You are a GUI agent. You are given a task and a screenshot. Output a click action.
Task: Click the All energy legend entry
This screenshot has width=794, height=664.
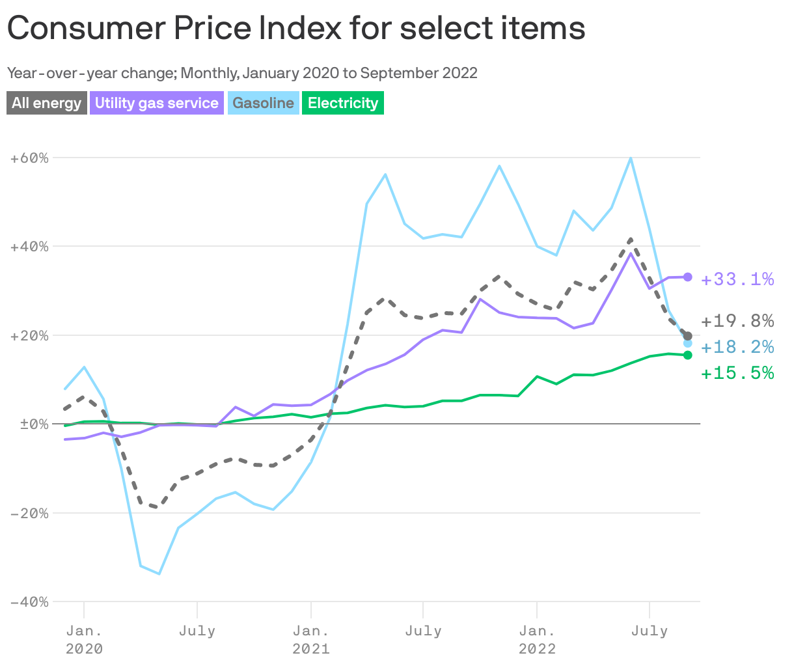[47, 103]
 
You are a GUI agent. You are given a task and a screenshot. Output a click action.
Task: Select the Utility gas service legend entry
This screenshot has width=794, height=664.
[156, 103]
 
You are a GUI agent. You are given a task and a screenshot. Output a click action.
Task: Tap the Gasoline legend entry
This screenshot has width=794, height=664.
[263, 103]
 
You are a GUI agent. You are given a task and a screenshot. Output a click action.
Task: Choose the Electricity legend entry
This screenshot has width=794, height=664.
[343, 103]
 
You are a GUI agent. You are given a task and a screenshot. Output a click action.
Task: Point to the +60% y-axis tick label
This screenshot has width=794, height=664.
[30, 158]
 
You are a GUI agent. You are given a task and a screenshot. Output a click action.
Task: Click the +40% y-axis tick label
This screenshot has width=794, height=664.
[30, 247]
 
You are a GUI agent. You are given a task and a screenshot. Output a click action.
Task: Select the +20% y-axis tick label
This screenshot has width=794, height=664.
[30, 336]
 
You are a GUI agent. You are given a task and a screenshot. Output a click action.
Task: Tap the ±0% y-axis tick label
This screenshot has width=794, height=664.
[30, 424]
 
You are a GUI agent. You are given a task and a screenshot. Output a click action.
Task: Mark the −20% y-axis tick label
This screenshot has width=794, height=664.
[30, 513]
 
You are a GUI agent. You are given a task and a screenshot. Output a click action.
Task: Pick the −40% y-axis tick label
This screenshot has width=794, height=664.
[30, 602]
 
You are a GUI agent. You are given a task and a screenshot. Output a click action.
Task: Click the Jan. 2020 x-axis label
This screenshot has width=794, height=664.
[84, 639]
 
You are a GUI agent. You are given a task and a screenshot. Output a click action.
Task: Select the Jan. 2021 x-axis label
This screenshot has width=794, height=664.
[311, 639]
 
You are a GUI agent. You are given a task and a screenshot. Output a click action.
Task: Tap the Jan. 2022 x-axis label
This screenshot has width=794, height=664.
[537, 639]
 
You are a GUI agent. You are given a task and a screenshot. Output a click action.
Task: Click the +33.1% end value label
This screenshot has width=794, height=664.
[737, 280]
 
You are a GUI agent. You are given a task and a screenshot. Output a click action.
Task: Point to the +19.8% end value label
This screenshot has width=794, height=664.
[737, 321]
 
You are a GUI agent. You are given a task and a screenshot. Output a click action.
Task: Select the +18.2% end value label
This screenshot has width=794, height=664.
[737, 347]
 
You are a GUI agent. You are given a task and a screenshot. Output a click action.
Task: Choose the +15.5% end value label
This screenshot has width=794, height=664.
[737, 373]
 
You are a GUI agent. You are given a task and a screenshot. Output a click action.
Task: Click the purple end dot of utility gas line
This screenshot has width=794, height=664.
[688, 277]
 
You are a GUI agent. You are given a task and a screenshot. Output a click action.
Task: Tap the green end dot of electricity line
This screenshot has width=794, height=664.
[688, 355]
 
